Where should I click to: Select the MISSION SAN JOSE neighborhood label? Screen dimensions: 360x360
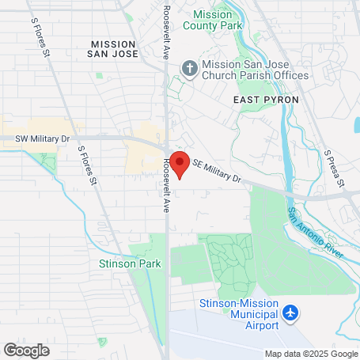tap(115, 49)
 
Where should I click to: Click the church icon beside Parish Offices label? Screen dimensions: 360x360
tap(189, 69)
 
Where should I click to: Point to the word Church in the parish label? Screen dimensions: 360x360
tap(223, 76)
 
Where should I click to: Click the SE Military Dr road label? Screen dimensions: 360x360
tap(216, 170)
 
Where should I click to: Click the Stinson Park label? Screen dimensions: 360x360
tap(130, 263)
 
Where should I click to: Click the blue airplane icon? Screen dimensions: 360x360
tap(291, 313)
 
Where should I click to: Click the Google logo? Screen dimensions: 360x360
tap(26, 349)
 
